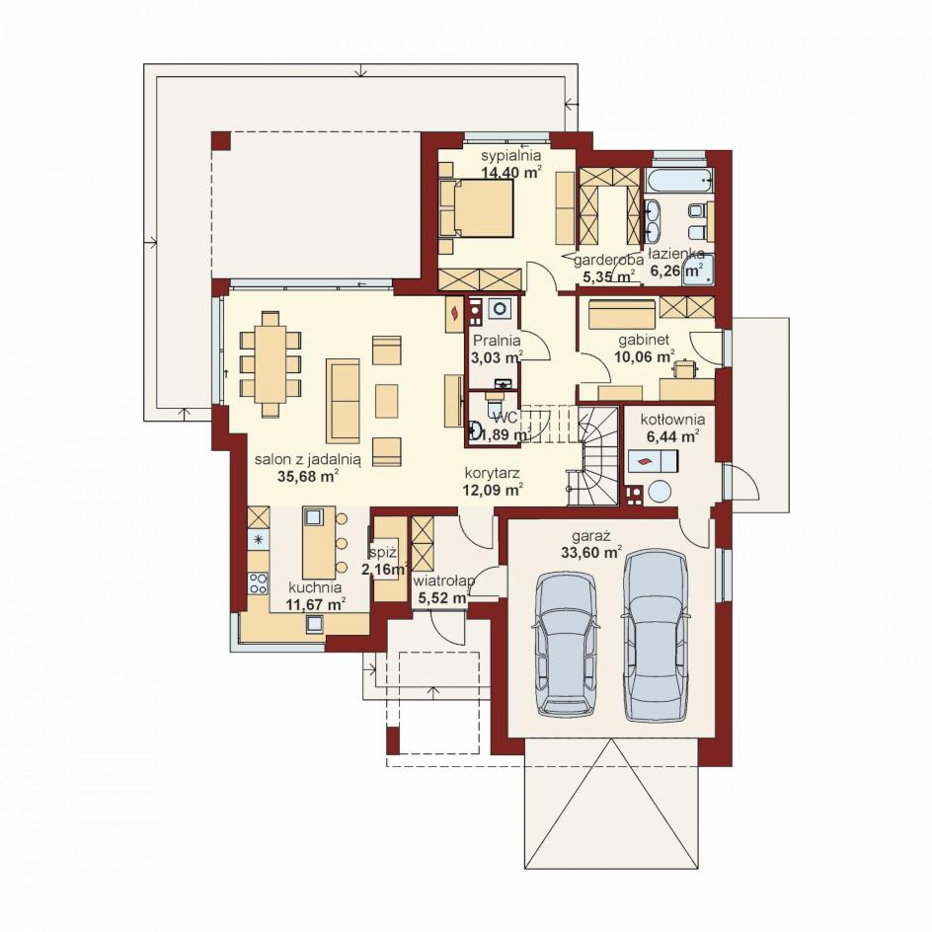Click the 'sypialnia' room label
(x=510, y=156)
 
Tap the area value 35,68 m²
(x=308, y=475)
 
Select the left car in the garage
(x=566, y=644)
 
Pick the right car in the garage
(x=656, y=635)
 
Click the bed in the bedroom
(x=476, y=208)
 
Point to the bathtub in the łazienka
(x=678, y=180)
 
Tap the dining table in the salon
(x=271, y=362)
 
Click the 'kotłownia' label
(x=672, y=420)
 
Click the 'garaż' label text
(x=590, y=536)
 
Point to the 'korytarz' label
(x=493, y=473)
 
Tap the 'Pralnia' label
(x=497, y=341)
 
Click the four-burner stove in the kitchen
(x=258, y=582)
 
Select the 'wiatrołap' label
(x=444, y=581)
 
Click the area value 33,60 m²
(x=590, y=553)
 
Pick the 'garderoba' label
(x=608, y=260)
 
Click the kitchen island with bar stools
(x=319, y=542)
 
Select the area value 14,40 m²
(x=510, y=173)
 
